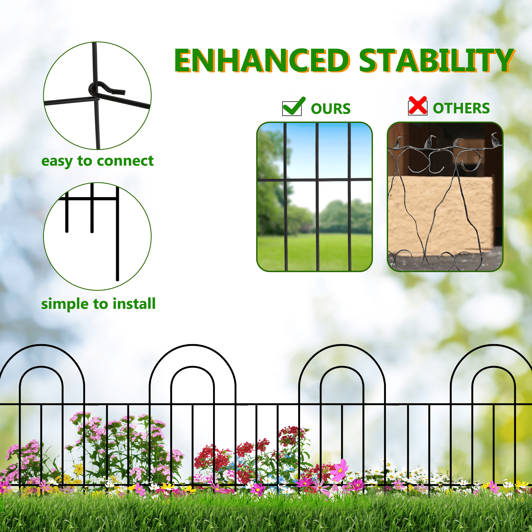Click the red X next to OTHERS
417,106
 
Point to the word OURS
330,109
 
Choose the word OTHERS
461,108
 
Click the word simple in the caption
65,304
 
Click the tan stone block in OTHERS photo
440,212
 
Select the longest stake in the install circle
118,234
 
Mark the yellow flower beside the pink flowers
79,468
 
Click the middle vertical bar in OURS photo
317,197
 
